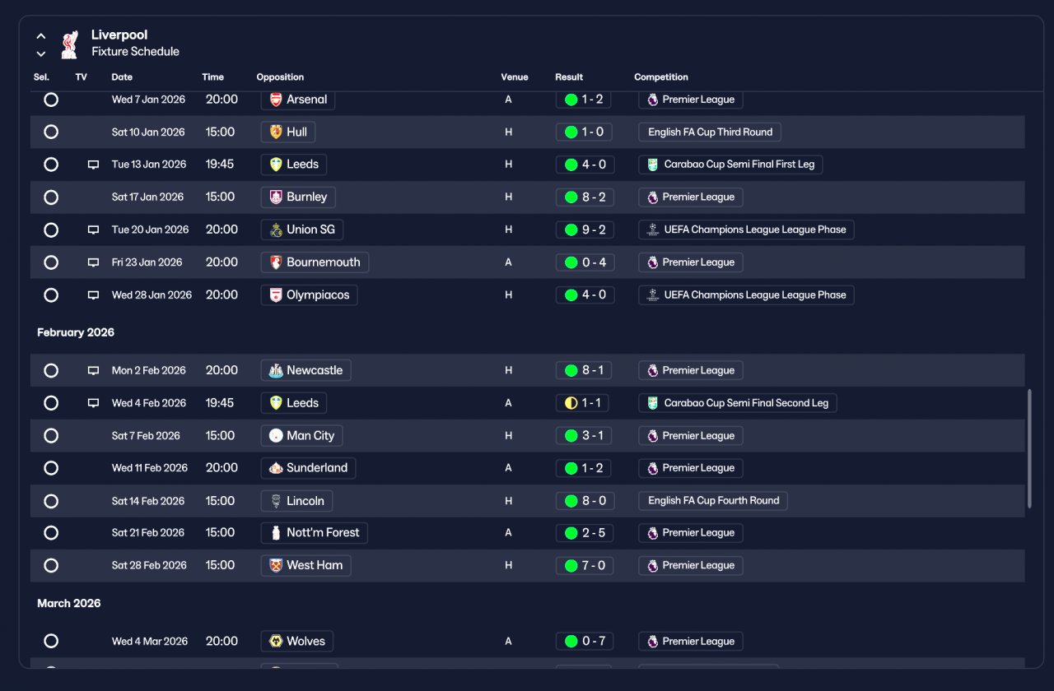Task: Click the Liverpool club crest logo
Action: coord(70,44)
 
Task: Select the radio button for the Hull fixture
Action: coord(51,132)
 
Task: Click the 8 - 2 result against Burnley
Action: coord(585,197)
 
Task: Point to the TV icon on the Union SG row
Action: coord(93,230)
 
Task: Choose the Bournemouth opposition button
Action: coord(315,262)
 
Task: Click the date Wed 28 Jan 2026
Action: coord(152,295)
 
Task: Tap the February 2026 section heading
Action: coord(76,332)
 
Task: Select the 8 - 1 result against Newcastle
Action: coord(584,370)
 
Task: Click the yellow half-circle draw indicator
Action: coord(571,403)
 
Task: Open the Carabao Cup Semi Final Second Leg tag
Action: coord(737,403)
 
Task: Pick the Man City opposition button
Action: coord(301,436)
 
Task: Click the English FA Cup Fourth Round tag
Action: coord(713,501)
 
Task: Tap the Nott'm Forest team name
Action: coord(323,532)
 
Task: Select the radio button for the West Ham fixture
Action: coord(51,565)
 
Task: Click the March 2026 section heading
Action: coord(68,603)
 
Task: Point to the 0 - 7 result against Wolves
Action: coord(585,641)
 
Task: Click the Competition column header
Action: coord(660,77)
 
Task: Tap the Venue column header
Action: coord(515,77)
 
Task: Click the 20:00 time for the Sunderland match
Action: coord(222,468)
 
